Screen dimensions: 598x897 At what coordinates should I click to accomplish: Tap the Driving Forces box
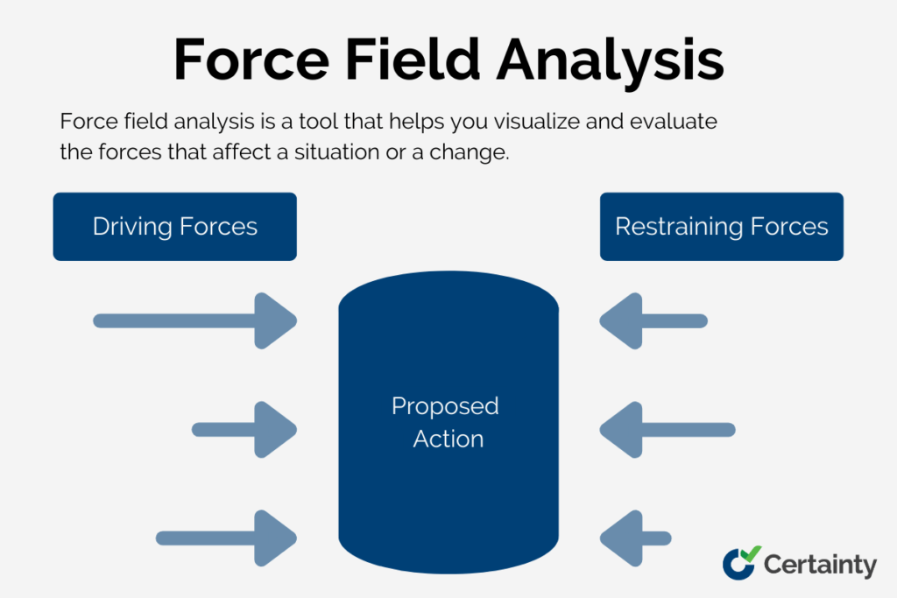[174, 227]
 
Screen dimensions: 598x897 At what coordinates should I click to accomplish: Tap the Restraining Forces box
[721, 227]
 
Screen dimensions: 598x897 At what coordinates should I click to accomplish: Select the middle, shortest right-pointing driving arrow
[244, 429]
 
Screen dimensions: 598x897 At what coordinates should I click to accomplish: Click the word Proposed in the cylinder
[445, 407]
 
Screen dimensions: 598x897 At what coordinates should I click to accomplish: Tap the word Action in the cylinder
[448, 439]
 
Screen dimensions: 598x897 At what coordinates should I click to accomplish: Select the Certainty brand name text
[820, 565]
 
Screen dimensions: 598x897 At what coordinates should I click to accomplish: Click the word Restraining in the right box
[672, 227]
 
